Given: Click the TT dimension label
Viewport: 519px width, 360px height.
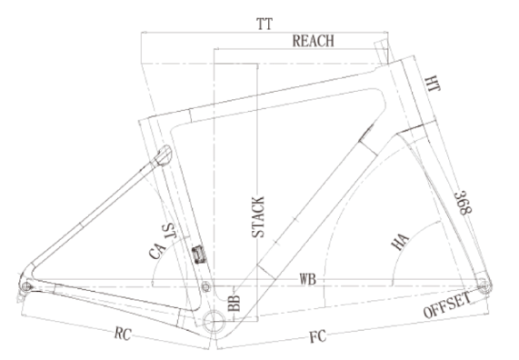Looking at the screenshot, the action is pyautogui.click(x=264, y=25).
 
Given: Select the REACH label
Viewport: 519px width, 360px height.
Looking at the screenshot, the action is pyautogui.click(x=313, y=41).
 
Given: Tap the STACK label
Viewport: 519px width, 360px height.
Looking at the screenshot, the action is pyautogui.click(x=258, y=217).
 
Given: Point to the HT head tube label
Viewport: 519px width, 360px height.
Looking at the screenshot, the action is pyautogui.click(x=433, y=84).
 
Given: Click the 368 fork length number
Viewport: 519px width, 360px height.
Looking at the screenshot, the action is pyautogui.click(x=463, y=203).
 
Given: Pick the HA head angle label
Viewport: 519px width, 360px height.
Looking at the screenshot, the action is pyautogui.click(x=400, y=242).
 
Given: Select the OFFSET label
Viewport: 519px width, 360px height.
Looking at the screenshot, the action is pyautogui.click(x=447, y=305).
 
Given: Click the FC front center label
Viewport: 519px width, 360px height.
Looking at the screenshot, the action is pyautogui.click(x=318, y=336).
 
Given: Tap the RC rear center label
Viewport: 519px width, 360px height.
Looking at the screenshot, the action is pyautogui.click(x=123, y=334).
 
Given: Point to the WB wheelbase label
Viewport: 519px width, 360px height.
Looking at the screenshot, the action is pyautogui.click(x=308, y=279).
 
